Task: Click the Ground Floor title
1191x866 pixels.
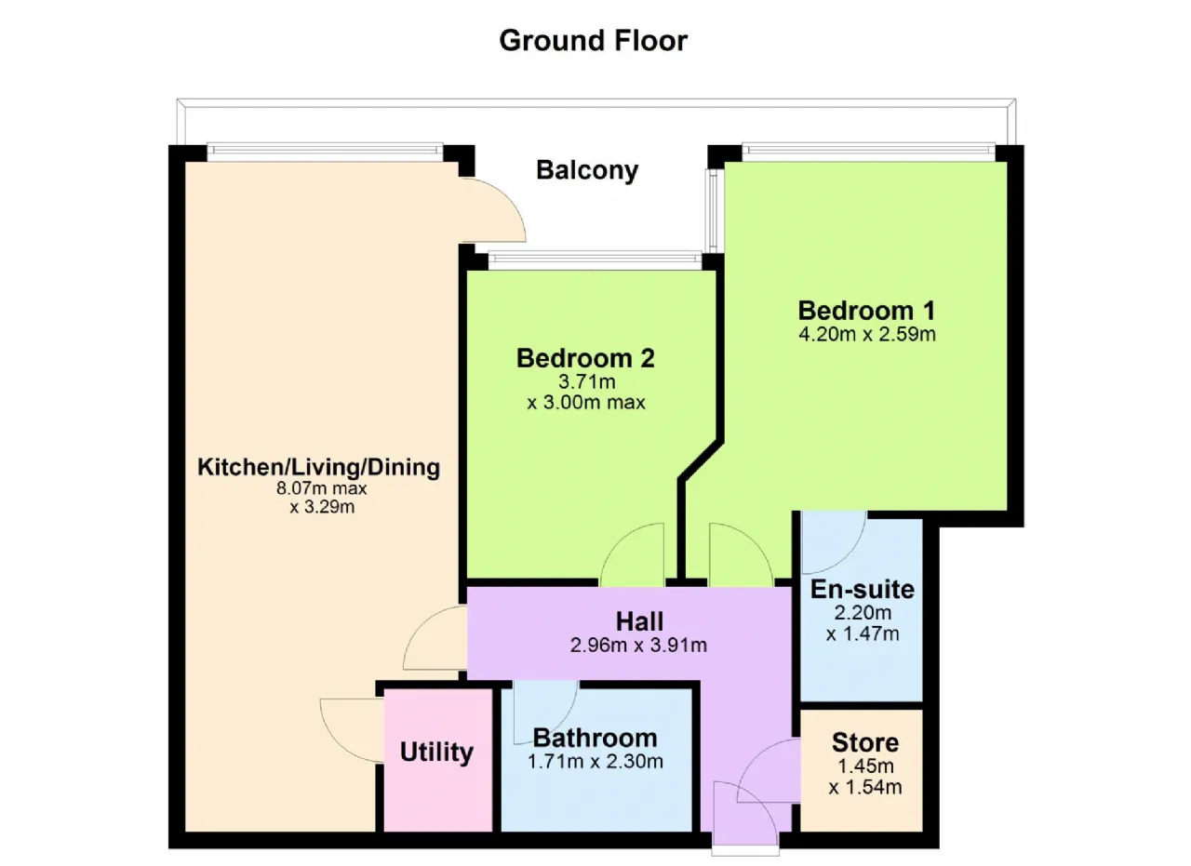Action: pos(593,41)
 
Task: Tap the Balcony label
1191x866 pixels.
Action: pos(587,170)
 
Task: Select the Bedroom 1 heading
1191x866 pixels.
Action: pos(866,311)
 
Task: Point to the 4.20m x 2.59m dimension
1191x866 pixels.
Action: pos(866,334)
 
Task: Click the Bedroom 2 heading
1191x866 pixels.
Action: pos(585,358)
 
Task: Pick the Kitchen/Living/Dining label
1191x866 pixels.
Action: pos(318,467)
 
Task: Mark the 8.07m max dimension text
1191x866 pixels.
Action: pos(321,488)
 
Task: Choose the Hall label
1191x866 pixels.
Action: pos(639,621)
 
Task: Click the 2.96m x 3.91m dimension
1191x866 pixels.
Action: pos(638,646)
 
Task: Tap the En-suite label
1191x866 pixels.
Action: pos(862,589)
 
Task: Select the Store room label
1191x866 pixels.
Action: pos(865,742)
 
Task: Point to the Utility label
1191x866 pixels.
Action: pos(436,753)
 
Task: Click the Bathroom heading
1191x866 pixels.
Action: pos(595,738)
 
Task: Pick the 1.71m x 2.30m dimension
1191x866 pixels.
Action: pos(595,762)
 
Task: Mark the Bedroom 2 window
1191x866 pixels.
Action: pos(595,258)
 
